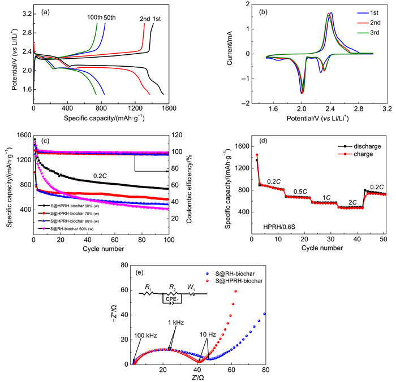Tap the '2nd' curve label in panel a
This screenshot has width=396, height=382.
point(145,19)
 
